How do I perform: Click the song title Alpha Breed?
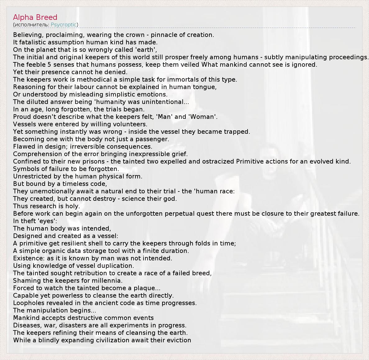pos(35,17)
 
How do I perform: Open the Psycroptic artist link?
pos(64,25)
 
